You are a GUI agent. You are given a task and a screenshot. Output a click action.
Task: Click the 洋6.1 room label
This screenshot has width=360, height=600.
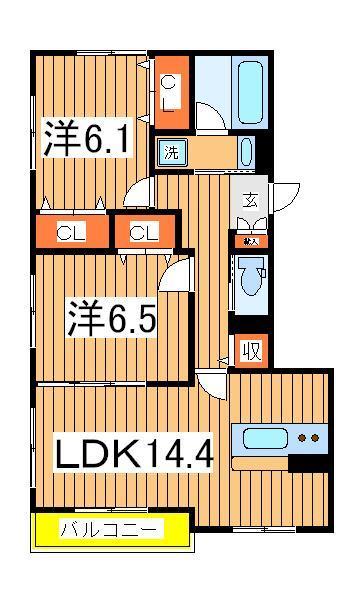[x=85, y=139]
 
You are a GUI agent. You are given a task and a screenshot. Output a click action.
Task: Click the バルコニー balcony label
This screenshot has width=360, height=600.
[x=111, y=530]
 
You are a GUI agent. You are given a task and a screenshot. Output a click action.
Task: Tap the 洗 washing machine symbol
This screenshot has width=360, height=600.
[x=171, y=153]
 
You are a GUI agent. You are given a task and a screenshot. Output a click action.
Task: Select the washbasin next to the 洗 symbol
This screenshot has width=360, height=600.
[x=247, y=152]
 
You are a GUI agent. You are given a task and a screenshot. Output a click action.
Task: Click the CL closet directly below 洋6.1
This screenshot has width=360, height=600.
[x=69, y=234]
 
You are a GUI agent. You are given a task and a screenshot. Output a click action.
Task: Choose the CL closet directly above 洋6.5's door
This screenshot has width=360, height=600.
[x=143, y=234]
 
